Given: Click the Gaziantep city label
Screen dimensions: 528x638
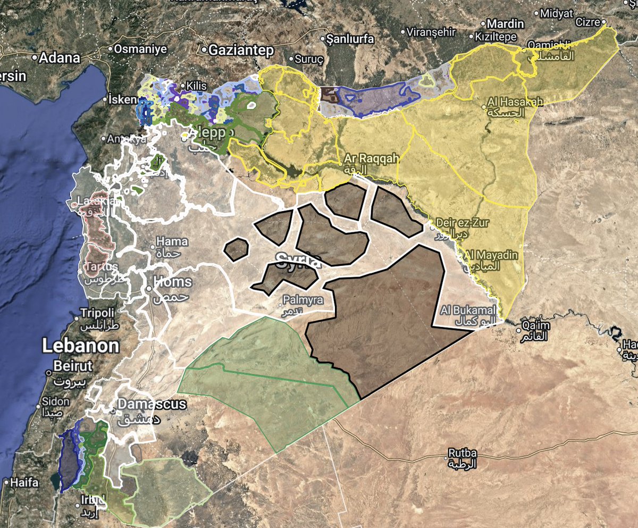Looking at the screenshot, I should click(241, 50).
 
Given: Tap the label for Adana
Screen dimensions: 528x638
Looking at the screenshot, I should click(60, 57).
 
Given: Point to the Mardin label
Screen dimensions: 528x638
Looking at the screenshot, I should click(506, 24).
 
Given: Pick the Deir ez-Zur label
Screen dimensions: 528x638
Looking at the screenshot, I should click(461, 222).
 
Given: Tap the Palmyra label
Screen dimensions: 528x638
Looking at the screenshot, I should click(303, 300).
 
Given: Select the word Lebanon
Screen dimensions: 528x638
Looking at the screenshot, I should click(80, 346).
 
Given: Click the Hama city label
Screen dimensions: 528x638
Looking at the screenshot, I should click(172, 241).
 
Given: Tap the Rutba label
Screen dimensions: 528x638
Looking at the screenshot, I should click(463, 453).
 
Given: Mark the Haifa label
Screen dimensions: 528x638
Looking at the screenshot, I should click(24, 483).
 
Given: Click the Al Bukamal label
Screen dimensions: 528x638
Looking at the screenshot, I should click(468, 309).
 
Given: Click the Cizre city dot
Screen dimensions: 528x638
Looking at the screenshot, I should click(604, 22).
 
